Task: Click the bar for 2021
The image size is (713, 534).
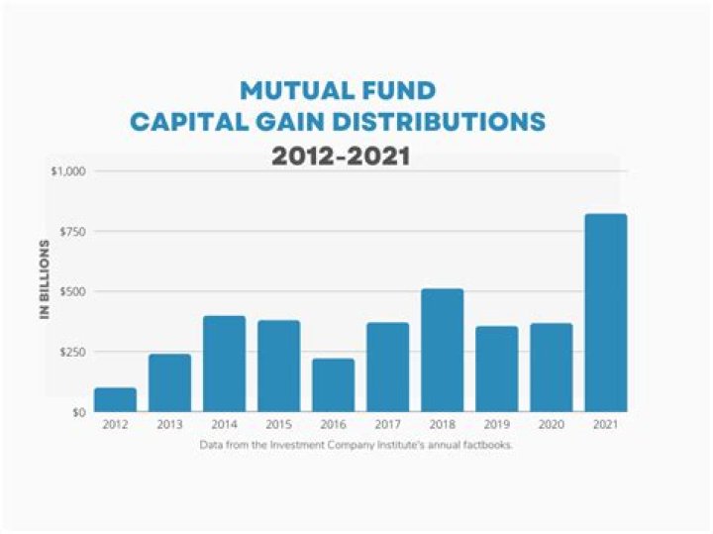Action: coord(606,313)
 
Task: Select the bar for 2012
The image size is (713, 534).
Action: coord(116,400)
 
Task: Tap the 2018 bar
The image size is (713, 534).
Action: coord(443,351)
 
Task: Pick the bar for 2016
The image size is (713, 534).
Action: coord(334,385)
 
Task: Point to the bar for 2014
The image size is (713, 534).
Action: coord(224,364)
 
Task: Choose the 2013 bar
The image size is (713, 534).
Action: coord(170,383)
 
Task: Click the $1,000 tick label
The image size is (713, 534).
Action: coord(68,171)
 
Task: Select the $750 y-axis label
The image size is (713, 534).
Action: coord(72,232)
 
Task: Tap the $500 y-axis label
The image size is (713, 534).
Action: coord(72,291)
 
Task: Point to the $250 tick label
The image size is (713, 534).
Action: coord(72,352)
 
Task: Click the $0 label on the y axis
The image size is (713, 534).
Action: coord(79,412)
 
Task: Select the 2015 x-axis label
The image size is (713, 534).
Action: coord(278,425)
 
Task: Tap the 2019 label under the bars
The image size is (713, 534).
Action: coord(497,425)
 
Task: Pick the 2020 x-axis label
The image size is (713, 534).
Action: coord(552,425)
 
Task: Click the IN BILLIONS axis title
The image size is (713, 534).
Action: coord(45,279)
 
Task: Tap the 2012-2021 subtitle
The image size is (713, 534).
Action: coord(341,157)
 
